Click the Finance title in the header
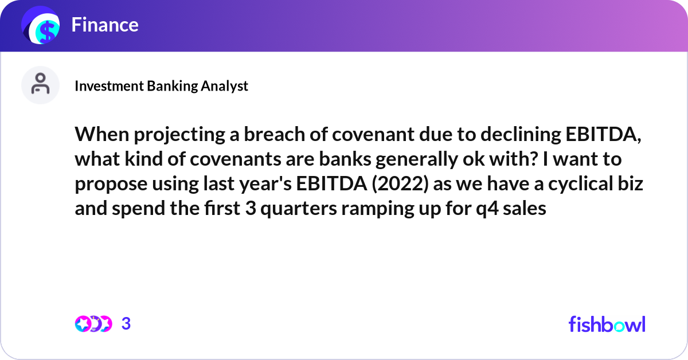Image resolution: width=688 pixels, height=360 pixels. click(x=105, y=25)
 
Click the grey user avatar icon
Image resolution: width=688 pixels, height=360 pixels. click(x=40, y=85)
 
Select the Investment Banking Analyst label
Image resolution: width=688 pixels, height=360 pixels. click(x=161, y=86)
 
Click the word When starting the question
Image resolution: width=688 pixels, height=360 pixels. click(x=99, y=135)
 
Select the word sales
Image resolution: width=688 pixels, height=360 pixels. click(x=530, y=208)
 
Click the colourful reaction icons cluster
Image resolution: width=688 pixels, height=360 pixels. click(x=93, y=324)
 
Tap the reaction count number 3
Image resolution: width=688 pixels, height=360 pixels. click(x=126, y=324)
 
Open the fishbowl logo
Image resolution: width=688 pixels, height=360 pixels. click(x=607, y=324)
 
